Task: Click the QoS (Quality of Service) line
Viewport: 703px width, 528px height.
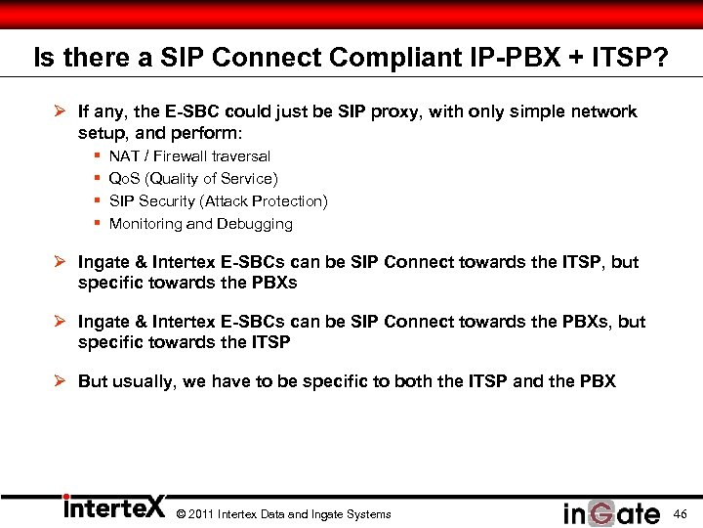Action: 193,179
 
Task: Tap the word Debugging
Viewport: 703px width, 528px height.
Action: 257,224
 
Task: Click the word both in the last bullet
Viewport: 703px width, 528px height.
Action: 414,381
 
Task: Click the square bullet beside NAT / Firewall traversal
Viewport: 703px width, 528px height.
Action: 98,156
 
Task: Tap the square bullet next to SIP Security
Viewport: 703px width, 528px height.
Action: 98,201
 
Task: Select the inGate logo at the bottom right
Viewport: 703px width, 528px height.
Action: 611,513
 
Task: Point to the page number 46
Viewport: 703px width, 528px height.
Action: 681,514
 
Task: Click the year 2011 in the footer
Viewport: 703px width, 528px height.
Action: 201,514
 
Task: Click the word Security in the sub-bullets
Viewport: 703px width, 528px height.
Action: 167,201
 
